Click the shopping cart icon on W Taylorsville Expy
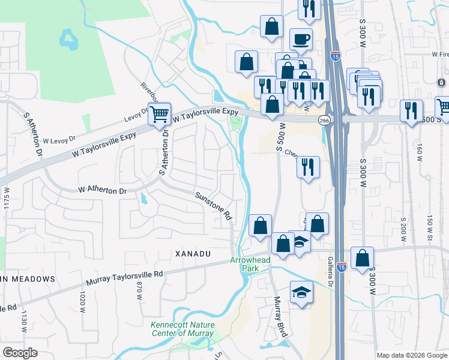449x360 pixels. pos(160,113)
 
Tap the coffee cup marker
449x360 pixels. pos(301,40)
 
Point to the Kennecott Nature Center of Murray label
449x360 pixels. pos(182,329)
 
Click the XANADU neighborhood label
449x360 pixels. pos(193,254)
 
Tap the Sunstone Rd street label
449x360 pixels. pos(213,206)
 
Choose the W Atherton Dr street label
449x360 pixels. pos(103,191)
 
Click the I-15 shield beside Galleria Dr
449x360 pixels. pos(342,266)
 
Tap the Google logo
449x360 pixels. pos(20,352)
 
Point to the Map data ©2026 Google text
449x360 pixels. pos(412,355)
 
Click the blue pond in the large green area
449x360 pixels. pos(68,40)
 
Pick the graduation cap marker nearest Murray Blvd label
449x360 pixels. pos(301,293)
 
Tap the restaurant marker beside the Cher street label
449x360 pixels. pos(307,166)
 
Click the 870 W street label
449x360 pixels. pos(139,291)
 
